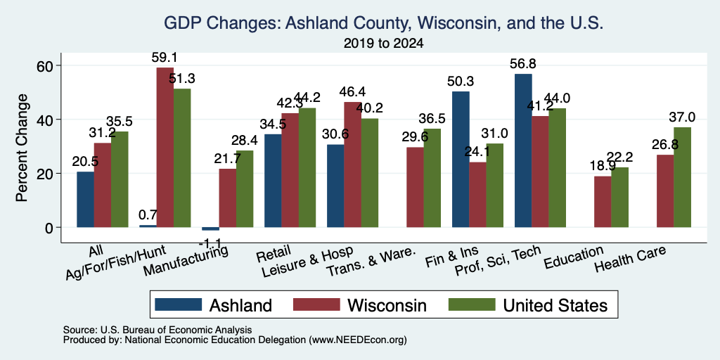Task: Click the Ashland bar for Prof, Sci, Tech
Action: tap(523, 150)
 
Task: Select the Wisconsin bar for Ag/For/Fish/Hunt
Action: tap(165, 148)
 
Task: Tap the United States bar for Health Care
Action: tap(682, 177)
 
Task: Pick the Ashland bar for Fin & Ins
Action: tap(461, 160)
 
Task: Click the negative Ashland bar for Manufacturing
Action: tap(210, 229)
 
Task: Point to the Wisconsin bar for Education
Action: tap(603, 202)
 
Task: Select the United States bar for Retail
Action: tap(307, 167)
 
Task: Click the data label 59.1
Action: tap(165, 58)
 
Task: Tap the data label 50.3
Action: tap(461, 82)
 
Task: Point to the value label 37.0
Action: tap(682, 117)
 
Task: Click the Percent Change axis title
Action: tap(21, 147)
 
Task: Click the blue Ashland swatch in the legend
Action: tap(178, 304)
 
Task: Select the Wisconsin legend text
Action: tap(387, 305)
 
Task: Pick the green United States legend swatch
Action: tap(472, 304)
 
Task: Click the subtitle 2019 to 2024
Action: tap(383, 44)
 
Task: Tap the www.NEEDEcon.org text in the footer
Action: tap(358, 340)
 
